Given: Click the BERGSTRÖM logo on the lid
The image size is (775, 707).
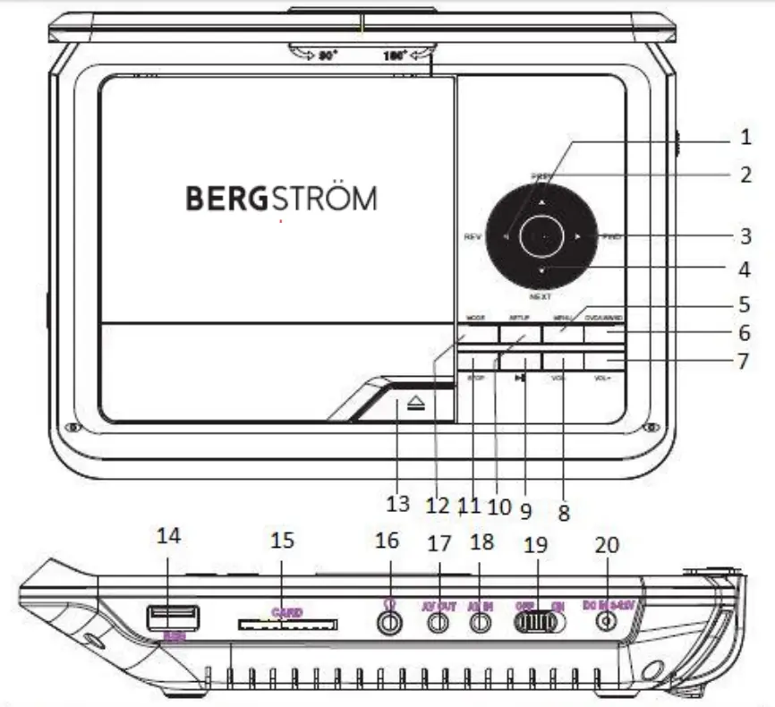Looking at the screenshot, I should pyautogui.click(x=281, y=198).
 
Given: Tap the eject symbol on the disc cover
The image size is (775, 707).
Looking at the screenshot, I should pyautogui.click(x=414, y=405).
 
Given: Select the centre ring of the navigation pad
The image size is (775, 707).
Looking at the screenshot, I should pyautogui.click(x=542, y=236).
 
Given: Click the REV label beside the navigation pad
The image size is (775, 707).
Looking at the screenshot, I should pyautogui.click(x=473, y=237).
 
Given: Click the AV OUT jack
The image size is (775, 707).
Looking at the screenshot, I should pyautogui.click(x=439, y=624).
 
